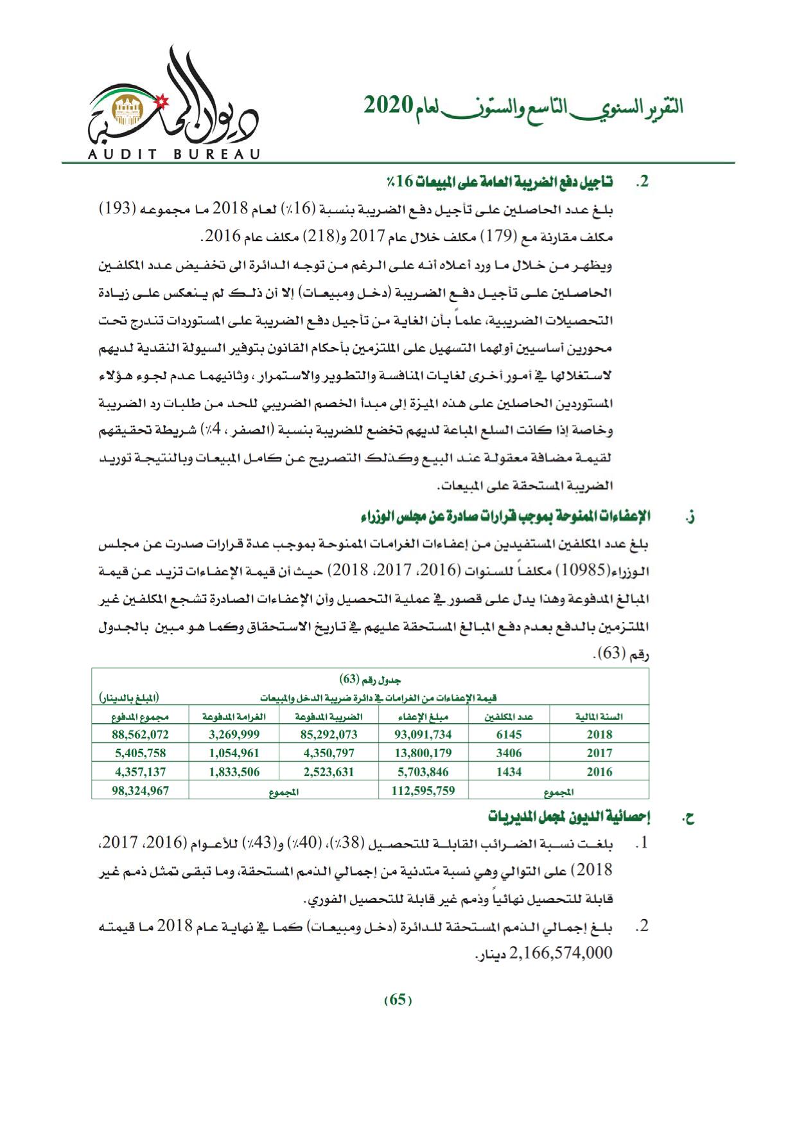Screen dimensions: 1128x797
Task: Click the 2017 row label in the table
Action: click(x=599, y=753)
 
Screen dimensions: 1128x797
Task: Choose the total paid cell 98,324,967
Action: click(x=140, y=791)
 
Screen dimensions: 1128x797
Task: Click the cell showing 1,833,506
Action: click(x=234, y=772)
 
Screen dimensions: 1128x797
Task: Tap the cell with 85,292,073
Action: click(x=328, y=734)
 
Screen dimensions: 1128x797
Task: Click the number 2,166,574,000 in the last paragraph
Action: click(x=561, y=953)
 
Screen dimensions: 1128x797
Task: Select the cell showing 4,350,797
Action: click(x=328, y=753)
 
